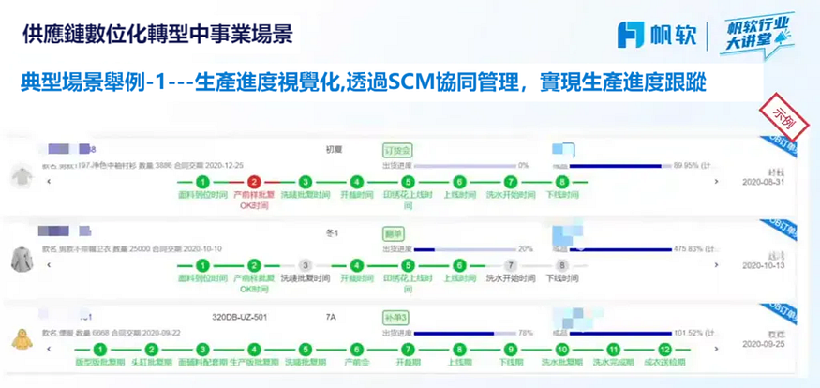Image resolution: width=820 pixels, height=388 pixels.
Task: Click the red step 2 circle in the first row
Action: [253, 183]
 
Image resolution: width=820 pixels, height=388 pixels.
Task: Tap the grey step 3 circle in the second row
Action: [305, 266]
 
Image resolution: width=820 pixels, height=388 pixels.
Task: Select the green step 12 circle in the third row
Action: [665, 350]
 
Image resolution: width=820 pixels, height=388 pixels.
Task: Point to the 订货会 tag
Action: [398, 151]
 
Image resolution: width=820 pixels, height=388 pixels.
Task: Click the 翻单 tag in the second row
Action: [394, 232]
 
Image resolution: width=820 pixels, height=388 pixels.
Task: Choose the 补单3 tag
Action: [396, 318]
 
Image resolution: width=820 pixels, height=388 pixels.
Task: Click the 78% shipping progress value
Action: [526, 333]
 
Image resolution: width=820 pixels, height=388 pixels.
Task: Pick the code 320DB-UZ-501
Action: [241, 318]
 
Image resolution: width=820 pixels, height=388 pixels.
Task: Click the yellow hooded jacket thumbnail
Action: [22, 338]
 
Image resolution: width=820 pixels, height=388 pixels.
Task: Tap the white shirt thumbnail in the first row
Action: [20, 176]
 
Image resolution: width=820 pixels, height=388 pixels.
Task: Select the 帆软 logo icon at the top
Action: [630, 35]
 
